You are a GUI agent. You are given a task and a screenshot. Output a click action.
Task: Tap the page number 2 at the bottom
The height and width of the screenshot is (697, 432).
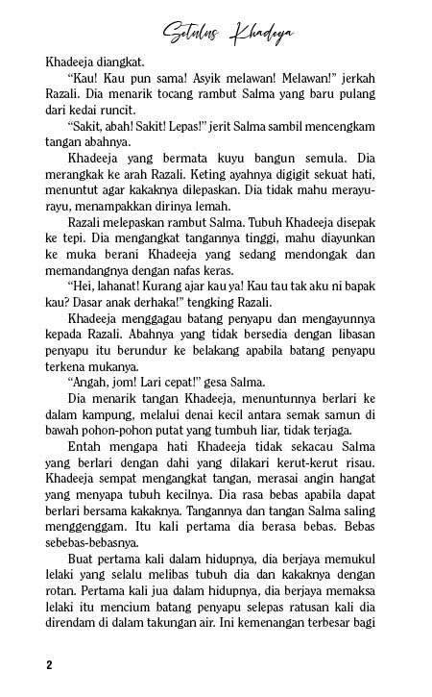[x=48, y=665]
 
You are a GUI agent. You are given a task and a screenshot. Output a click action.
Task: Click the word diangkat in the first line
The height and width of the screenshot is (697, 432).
[x=123, y=62]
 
